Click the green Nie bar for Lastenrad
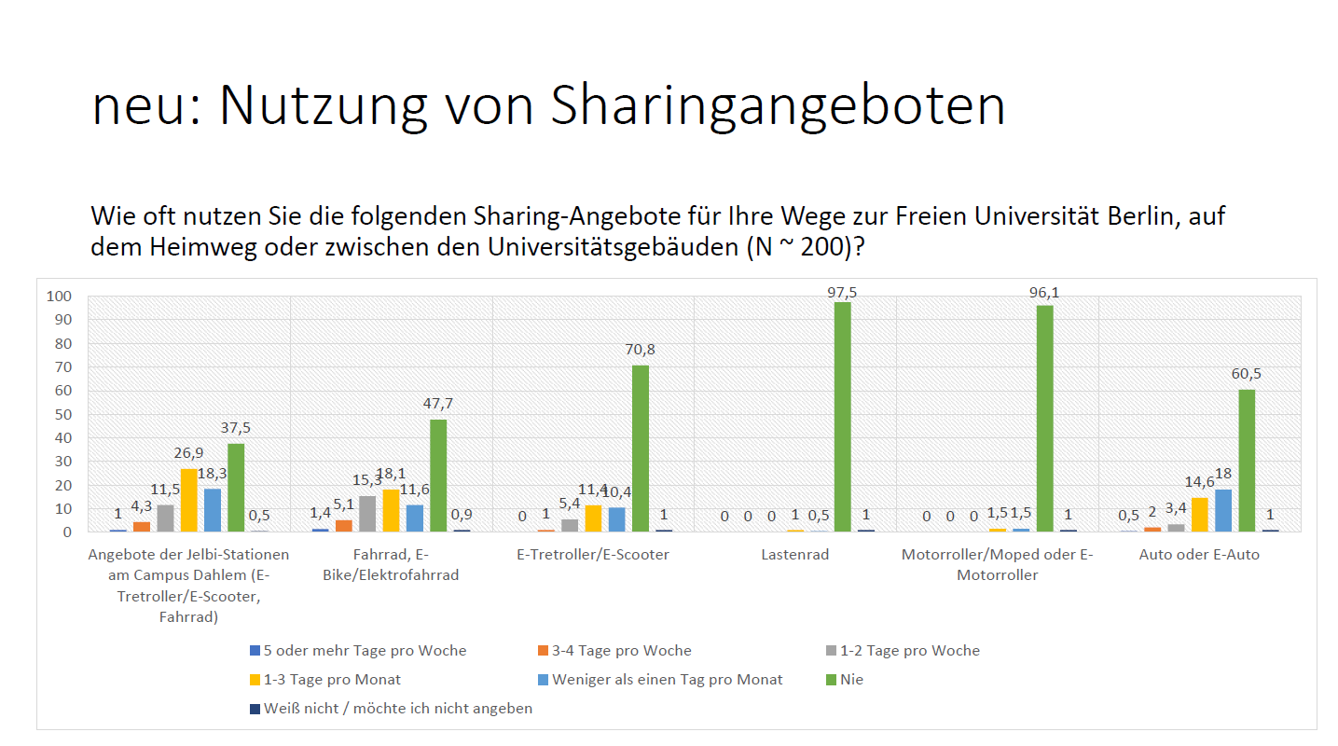tap(842, 417)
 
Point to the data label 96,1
tap(1044, 293)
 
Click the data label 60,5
tap(1247, 373)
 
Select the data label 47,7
tap(437, 404)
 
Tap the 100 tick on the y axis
tap(60, 297)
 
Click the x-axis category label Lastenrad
tap(794, 555)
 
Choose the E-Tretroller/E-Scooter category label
tap(592, 555)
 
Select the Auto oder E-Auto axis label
tap(1199, 555)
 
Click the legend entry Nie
tap(850, 680)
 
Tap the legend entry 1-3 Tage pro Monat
tap(332, 680)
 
